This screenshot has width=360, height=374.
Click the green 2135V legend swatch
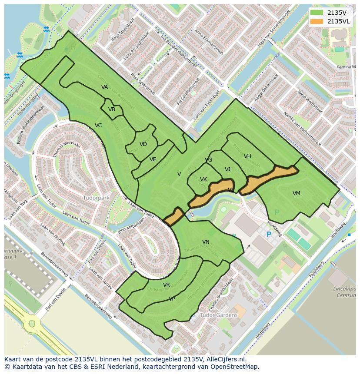tap(317, 13)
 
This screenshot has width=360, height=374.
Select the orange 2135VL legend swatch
tap(317, 21)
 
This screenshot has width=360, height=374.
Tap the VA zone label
tap(105, 87)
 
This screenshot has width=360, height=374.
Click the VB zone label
tap(112, 109)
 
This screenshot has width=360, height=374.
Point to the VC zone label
tap(98, 126)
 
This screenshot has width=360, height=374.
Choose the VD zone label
tap(143, 144)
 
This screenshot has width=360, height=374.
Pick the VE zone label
tap(153, 159)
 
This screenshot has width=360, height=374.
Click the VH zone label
tap(247, 156)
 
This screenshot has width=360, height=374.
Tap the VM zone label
tap(296, 193)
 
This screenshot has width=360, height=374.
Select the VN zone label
tap(206, 242)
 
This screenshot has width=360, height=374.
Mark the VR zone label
tap(167, 285)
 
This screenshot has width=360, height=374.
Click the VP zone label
tap(172, 299)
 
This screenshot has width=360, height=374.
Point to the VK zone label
tap(203, 179)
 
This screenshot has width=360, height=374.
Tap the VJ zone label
tap(227, 169)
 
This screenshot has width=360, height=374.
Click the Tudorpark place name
tap(96, 198)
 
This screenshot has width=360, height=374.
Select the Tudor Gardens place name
tap(219, 314)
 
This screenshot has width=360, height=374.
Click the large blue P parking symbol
tap(269, 235)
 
